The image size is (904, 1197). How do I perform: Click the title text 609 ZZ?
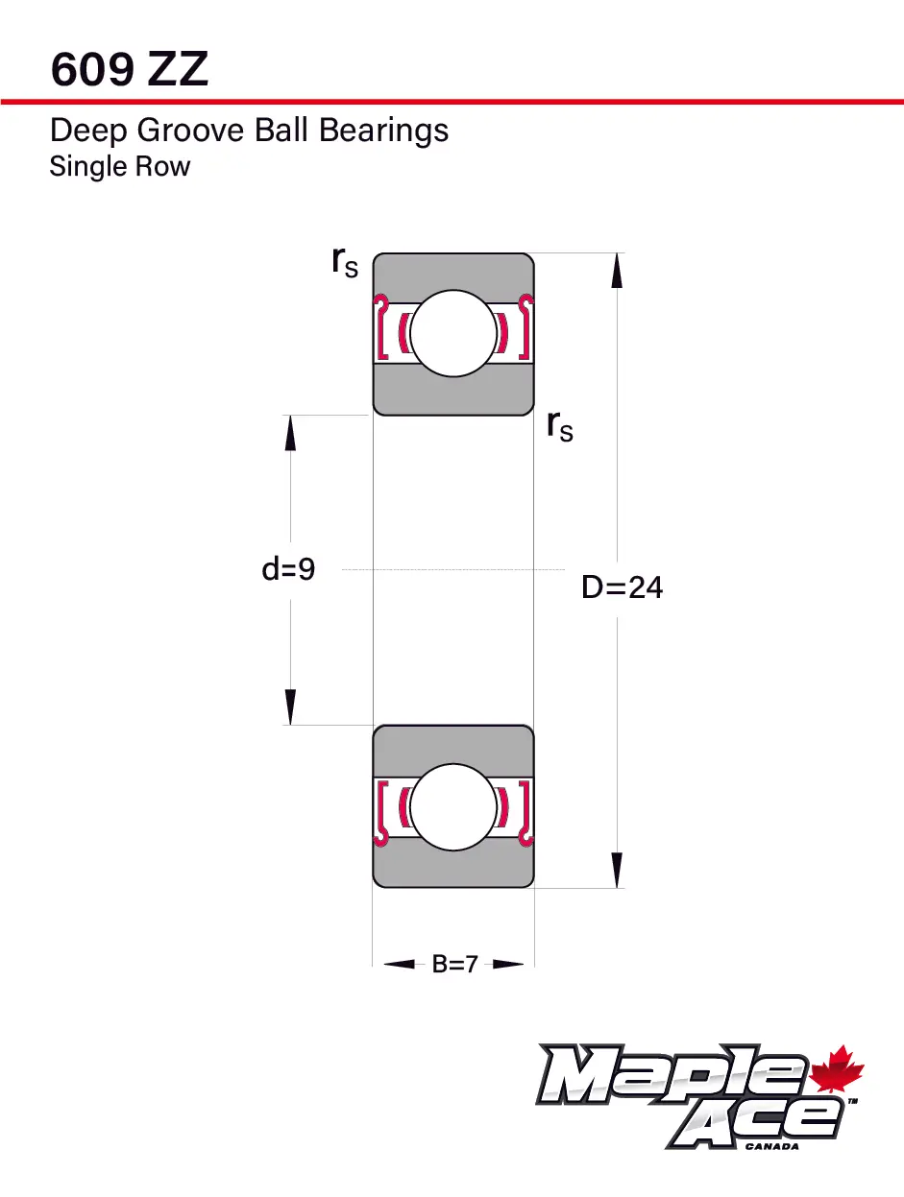[129, 70]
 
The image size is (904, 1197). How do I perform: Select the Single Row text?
[119, 167]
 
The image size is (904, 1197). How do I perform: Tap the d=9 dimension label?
[288, 570]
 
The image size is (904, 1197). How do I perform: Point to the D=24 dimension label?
[622, 587]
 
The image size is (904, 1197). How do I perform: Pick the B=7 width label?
[454, 965]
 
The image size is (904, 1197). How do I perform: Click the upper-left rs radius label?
[345, 261]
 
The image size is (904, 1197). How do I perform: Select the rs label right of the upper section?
[560, 424]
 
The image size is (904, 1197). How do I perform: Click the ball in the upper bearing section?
[452, 334]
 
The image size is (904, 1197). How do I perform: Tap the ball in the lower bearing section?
[452, 806]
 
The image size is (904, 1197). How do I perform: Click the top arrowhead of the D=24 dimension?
[617, 271]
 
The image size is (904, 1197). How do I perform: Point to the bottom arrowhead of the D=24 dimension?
[617, 871]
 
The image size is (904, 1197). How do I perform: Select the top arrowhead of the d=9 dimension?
[290, 433]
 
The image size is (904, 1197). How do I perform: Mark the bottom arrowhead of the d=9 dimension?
[290, 707]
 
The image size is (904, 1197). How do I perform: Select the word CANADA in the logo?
[771, 1145]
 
